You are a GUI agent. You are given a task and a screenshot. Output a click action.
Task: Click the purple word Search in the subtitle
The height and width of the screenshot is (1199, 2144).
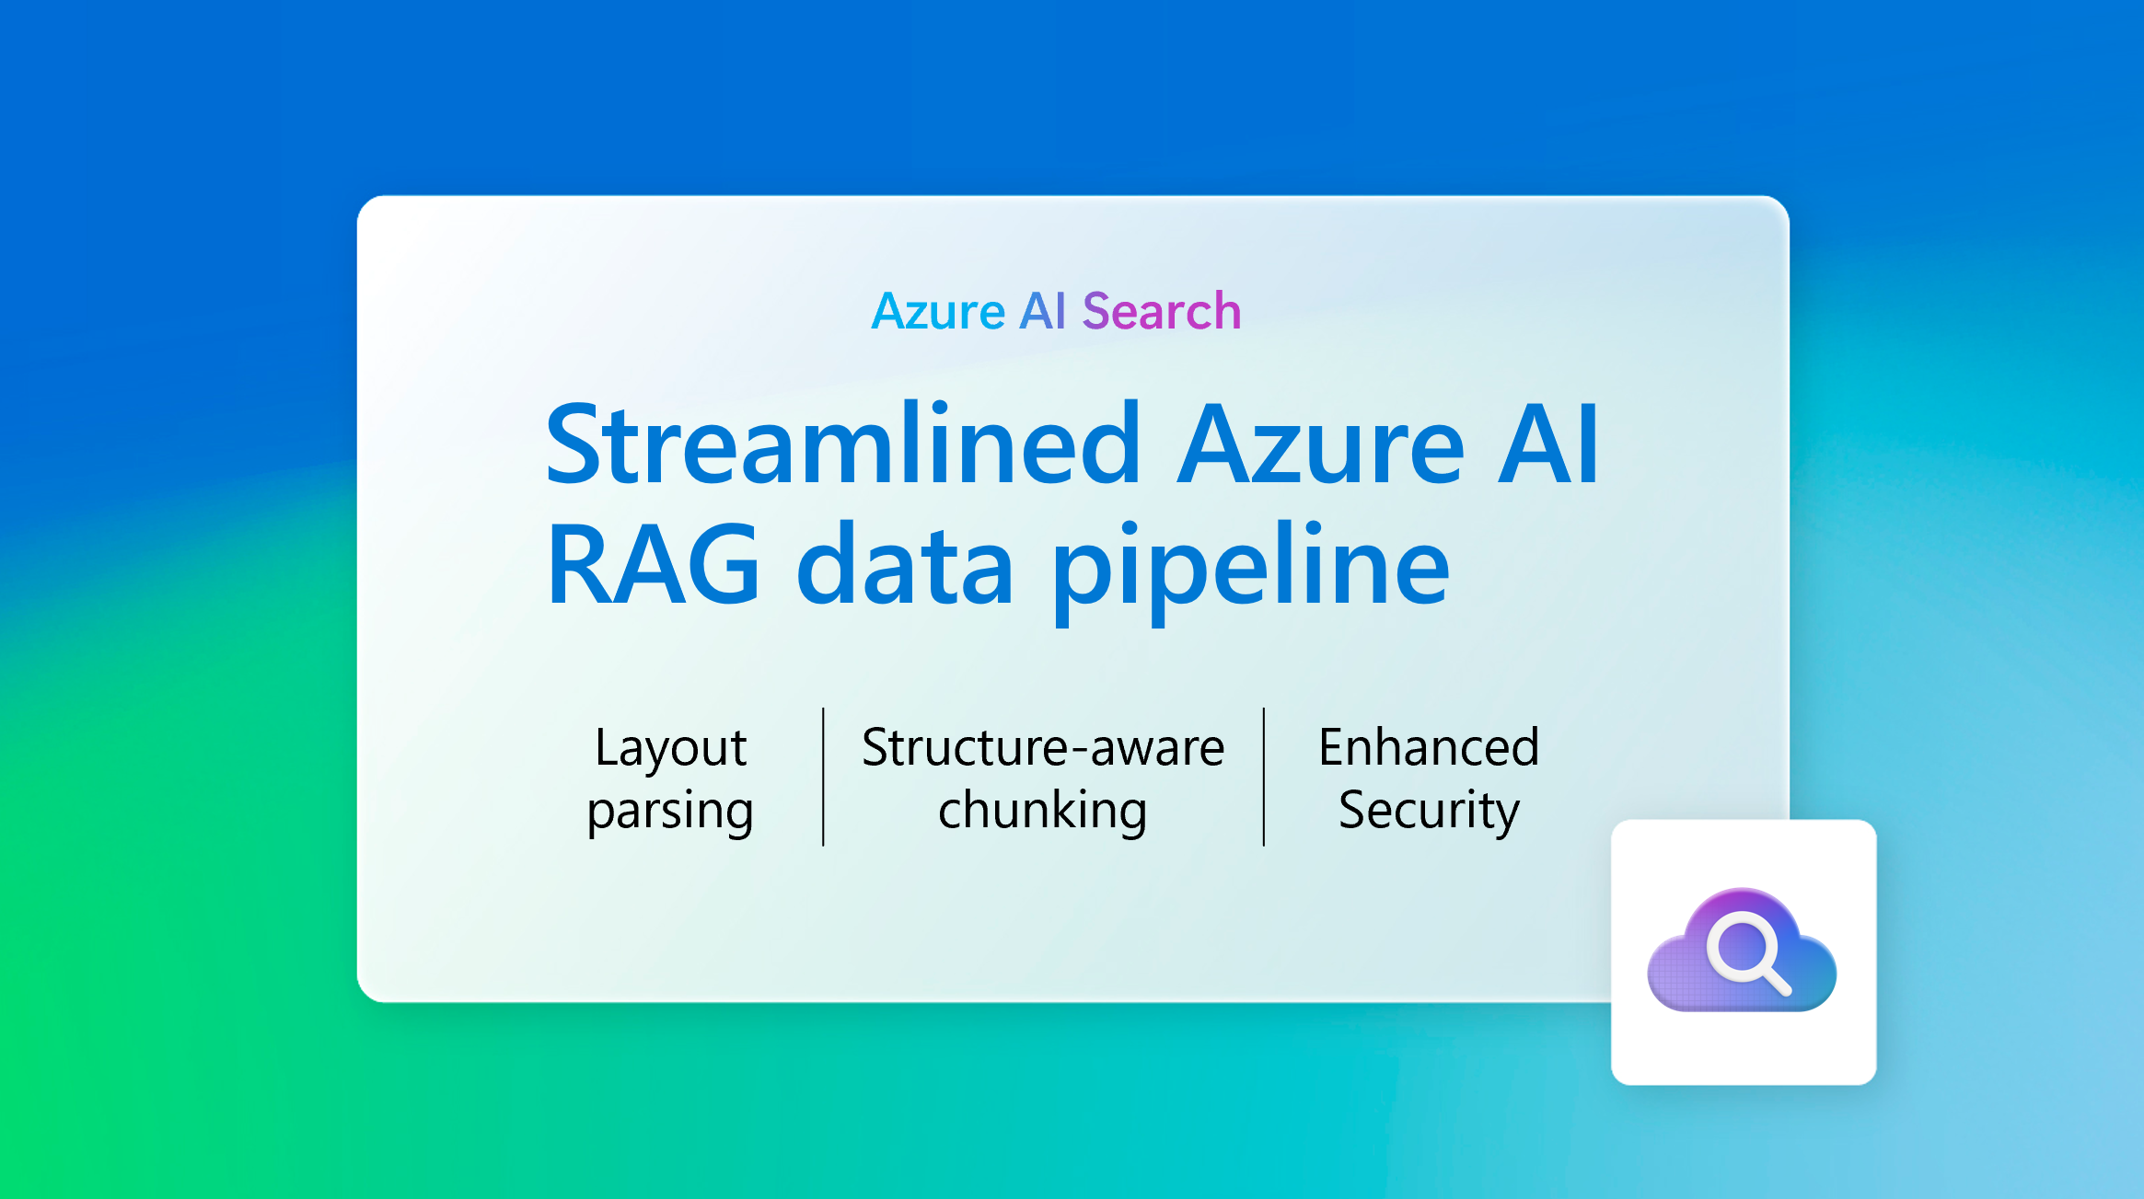(x=1162, y=311)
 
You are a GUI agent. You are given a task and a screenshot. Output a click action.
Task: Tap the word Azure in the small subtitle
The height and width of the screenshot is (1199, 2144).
(x=938, y=311)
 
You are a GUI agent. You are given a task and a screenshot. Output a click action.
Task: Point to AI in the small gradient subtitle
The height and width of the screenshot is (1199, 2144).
(x=1042, y=311)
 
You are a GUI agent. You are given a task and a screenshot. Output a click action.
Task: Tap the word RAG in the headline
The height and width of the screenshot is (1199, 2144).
(x=654, y=565)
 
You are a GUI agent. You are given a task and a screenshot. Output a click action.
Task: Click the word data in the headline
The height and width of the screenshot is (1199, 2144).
(x=905, y=565)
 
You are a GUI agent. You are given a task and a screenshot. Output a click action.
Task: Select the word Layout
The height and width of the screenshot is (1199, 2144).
(x=670, y=747)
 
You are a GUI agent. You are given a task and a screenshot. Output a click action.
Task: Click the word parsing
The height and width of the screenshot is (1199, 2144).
(x=670, y=812)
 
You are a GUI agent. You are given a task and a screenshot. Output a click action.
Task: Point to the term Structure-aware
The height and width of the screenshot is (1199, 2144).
(x=1043, y=747)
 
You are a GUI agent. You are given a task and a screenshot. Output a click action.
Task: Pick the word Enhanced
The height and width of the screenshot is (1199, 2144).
(x=1429, y=747)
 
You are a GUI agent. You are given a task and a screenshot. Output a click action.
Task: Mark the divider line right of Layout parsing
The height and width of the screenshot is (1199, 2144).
(x=823, y=777)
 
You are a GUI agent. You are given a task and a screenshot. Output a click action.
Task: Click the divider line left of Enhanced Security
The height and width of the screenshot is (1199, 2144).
(x=1264, y=777)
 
